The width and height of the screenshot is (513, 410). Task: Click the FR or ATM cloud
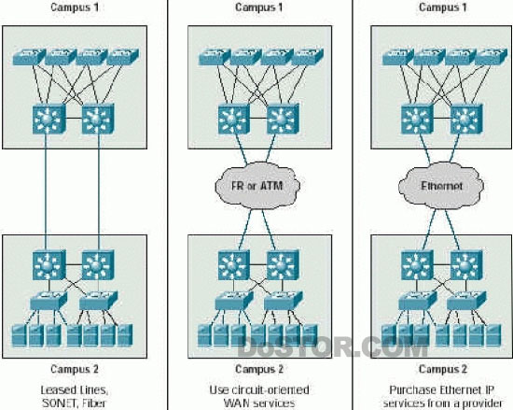(x=257, y=186)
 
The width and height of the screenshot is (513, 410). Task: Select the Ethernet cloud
(x=441, y=186)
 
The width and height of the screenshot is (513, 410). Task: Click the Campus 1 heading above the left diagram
(x=75, y=7)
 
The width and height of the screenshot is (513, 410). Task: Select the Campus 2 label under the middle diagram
(x=259, y=369)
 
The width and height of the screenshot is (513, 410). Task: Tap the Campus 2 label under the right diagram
(x=443, y=369)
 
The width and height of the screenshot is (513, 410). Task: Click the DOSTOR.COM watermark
(x=332, y=347)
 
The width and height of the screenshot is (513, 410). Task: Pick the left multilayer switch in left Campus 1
(x=49, y=120)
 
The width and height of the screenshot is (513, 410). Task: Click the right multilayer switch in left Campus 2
(x=98, y=264)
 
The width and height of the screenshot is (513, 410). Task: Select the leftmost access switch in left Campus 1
(x=29, y=56)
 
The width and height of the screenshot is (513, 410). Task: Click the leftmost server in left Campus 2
(x=19, y=335)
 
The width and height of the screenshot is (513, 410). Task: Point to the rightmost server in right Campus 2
(x=493, y=335)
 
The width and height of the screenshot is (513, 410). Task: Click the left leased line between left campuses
(x=46, y=191)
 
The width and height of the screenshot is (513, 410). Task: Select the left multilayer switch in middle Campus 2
(x=233, y=264)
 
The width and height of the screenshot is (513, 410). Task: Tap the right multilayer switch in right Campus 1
(x=466, y=120)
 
